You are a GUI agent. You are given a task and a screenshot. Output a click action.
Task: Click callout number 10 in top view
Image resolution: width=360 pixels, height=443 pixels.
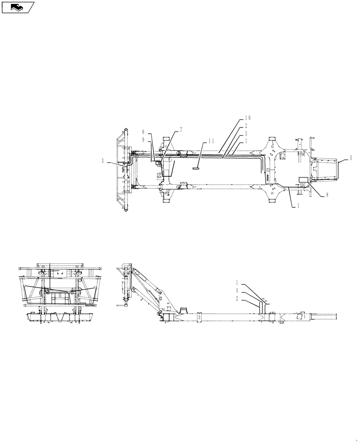click(247, 118)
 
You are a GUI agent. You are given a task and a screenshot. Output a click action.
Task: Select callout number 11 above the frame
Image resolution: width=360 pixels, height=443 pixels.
click(211, 141)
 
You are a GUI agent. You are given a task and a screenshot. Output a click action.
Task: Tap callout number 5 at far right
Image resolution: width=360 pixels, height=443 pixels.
click(351, 157)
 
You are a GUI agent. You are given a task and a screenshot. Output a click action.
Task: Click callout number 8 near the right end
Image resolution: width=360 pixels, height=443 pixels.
click(327, 194)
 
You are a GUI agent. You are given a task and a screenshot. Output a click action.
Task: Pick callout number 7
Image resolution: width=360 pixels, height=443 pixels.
click(181, 130)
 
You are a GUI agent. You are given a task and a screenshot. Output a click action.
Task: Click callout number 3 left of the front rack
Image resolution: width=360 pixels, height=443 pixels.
click(102, 161)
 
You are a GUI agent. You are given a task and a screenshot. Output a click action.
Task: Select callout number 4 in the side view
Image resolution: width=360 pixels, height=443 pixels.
click(237, 290)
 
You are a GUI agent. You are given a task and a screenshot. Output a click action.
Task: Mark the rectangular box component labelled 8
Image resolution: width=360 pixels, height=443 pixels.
click(303, 180)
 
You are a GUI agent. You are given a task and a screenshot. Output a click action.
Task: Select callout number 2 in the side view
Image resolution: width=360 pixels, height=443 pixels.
click(237, 298)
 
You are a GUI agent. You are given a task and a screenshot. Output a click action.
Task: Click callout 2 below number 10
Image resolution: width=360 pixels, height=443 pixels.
click(246, 126)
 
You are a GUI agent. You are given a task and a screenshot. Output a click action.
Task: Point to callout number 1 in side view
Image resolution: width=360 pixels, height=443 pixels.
click(237, 282)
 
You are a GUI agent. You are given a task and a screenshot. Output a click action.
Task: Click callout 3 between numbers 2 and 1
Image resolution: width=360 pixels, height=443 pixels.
click(246, 133)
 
